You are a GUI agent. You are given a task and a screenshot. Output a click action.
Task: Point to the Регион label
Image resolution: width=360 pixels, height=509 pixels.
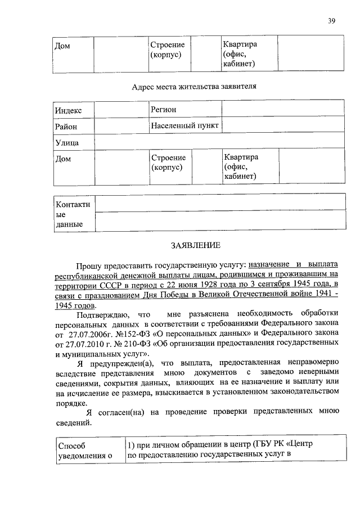point(163,109)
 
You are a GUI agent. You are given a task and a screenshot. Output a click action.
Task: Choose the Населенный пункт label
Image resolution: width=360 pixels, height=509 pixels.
point(184,125)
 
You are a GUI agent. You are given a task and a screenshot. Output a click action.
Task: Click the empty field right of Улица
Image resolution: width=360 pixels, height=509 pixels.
point(219,143)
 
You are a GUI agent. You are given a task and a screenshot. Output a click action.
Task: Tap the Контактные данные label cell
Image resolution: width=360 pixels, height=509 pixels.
point(73,214)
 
